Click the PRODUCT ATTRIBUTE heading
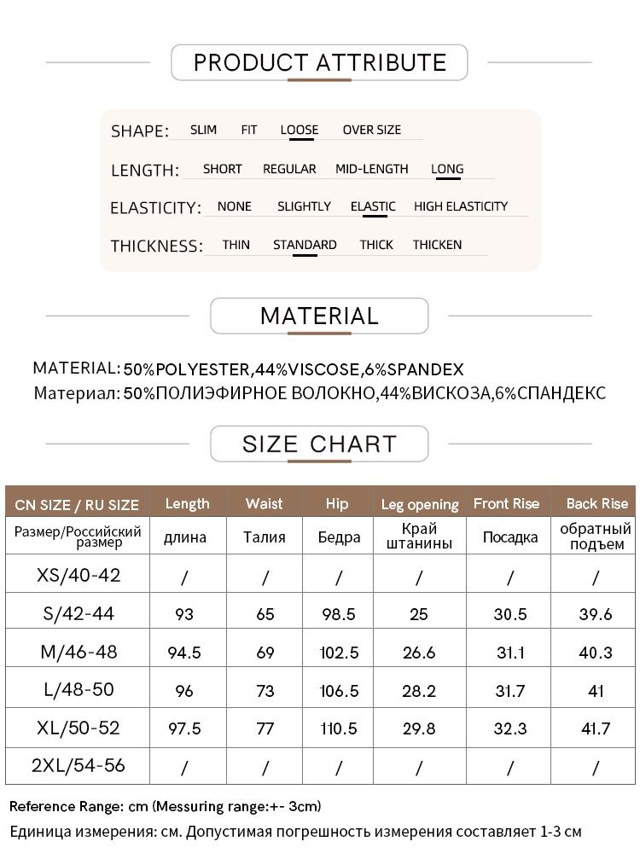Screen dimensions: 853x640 point(319,62)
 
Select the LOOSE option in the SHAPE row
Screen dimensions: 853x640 point(299,130)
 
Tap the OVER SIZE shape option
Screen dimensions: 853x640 point(371,130)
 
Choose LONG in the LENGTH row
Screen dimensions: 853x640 point(447,169)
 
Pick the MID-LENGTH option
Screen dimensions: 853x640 point(371,169)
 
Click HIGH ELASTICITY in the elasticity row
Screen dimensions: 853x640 point(460,206)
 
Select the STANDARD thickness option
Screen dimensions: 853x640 point(305,245)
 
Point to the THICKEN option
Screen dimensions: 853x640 point(437,245)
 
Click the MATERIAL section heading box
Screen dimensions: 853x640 point(319,316)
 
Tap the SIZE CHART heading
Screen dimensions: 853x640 point(319,444)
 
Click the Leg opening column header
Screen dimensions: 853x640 point(419,504)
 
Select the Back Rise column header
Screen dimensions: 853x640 point(596,503)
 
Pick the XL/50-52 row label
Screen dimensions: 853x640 point(78,728)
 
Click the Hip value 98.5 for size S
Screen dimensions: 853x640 point(338,614)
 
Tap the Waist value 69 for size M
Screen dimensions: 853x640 point(265,653)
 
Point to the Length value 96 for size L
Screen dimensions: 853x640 point(184,691)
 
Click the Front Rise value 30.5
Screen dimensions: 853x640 point(510,614)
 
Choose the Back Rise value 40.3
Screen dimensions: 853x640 point(596,653)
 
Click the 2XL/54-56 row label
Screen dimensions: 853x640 point(78,766)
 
